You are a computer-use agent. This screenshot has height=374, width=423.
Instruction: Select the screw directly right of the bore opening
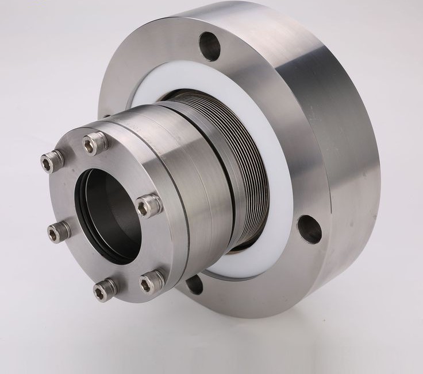[148, 204]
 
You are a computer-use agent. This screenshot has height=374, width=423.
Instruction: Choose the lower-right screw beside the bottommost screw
[152, 280]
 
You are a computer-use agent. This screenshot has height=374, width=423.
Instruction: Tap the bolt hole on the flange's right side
[309, 229]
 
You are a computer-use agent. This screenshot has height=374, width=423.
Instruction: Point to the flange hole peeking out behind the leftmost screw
[105, 118]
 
